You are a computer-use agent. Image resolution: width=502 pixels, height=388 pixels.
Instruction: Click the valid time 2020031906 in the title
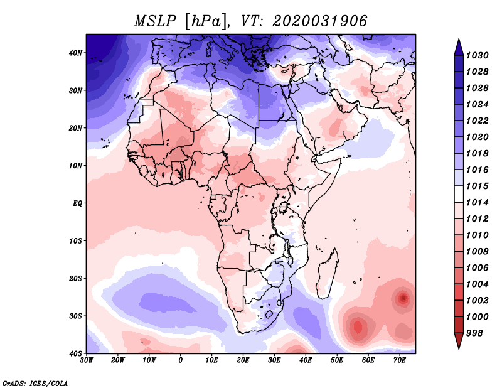point(319,21)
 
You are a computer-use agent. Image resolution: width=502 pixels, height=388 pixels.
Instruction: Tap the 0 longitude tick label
point(181,360)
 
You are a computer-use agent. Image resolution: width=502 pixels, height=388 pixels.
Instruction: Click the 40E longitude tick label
point(306,360)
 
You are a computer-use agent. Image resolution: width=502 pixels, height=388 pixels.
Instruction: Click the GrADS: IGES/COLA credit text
point(35,382)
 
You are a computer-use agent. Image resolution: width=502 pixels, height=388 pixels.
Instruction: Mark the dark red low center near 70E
point(402,298)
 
